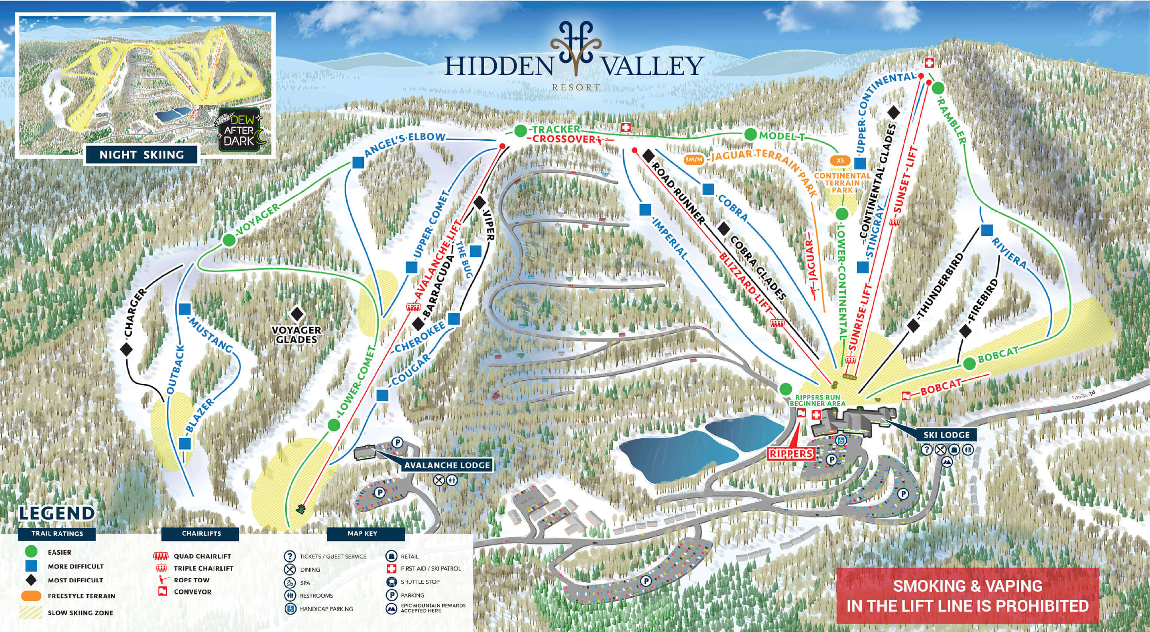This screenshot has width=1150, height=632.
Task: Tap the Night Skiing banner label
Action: tap(141, 155)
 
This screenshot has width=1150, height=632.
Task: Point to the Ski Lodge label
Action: tap(946, 434)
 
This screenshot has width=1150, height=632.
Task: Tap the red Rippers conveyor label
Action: tap(790, 454)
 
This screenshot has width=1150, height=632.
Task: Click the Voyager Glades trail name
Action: tap(297, 334)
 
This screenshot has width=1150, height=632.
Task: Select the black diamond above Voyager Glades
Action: tap(297, 314)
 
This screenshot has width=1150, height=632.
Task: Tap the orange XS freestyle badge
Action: tap(841, 160)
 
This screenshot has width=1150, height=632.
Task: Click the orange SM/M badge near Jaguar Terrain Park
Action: tap(694, 159)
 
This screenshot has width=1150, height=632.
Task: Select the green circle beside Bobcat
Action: tap(969, 364)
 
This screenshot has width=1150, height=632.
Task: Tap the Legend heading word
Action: tap(57, 513)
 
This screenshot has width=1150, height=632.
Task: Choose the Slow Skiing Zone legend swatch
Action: tap(31, 613)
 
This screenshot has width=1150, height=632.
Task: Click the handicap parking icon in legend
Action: tap(290, 609)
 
